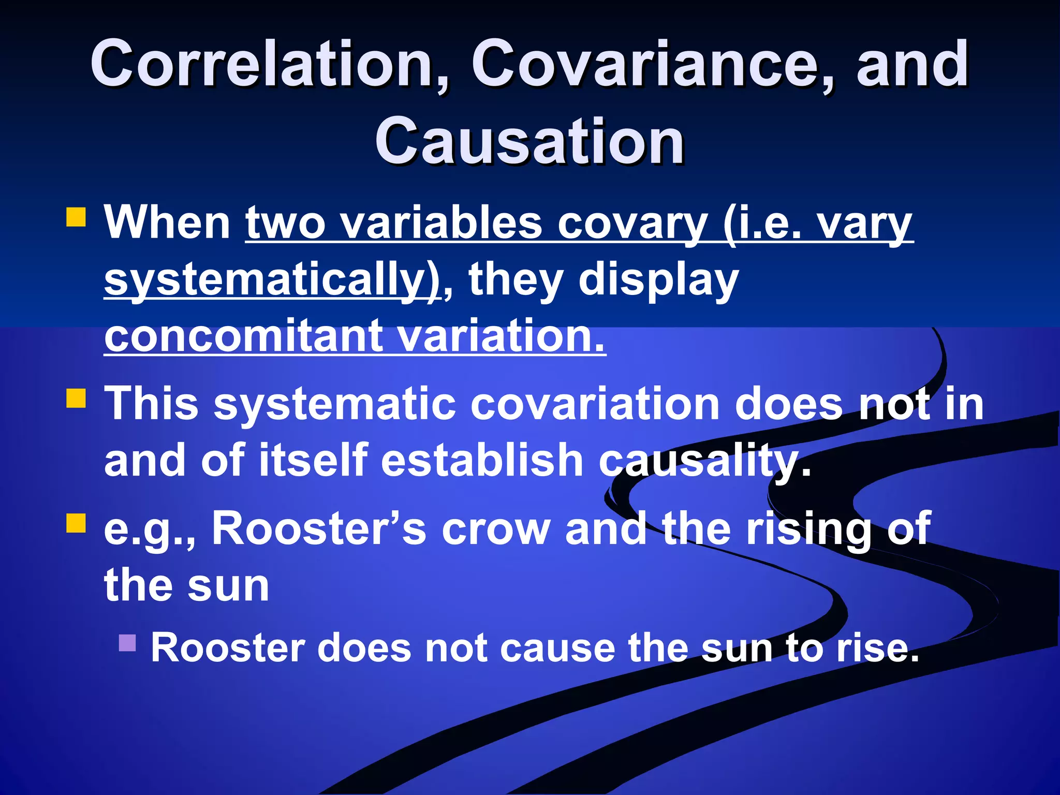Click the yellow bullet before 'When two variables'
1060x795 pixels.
click(76, 217)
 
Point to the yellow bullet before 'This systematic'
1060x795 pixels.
click(76, 399)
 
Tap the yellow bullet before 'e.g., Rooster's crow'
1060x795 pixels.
click(76, 523)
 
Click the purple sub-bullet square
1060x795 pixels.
click(127, 643)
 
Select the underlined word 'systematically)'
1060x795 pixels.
click(272, 281)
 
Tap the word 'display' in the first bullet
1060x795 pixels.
click(658, 281)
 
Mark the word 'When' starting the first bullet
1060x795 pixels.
click(167, 224)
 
